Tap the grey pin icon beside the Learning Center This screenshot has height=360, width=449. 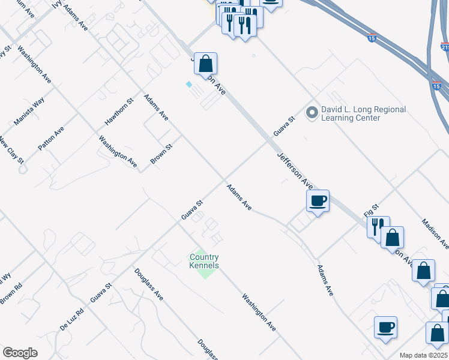312,112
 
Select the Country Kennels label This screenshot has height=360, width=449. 204,262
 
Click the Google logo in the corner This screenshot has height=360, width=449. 20,353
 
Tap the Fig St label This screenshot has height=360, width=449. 372,210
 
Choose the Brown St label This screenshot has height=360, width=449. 161,154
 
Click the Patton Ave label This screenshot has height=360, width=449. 51,139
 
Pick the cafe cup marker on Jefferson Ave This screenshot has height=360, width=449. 318,201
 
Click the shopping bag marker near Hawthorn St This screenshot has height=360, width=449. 205,64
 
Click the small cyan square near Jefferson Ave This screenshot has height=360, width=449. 190,85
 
